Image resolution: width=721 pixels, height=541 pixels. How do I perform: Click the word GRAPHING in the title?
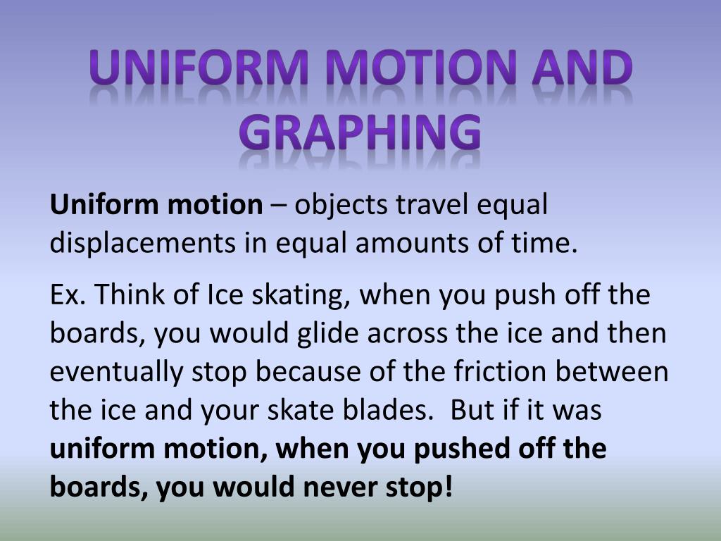point(360,132)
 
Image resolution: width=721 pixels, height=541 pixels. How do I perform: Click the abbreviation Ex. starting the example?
point(68,294)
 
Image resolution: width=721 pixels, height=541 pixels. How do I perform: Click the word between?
point(612,371)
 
